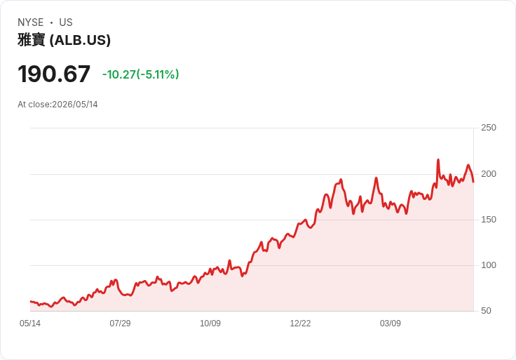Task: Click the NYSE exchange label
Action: [31, 22]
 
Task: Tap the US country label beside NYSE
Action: [66, 22]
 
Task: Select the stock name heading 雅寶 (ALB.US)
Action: [64, 40]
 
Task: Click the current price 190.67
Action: [54, 74]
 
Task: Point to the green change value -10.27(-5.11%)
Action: [140, 74]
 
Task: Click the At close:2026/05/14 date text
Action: [57, 105]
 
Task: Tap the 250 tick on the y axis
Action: [489, 128]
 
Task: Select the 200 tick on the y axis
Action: [489, 174]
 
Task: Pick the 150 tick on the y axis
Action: [489, 220]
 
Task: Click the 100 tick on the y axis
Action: [489, 265]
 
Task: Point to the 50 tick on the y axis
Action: [486, 311]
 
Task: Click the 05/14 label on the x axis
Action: [30, 323]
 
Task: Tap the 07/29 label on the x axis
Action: [120, 323]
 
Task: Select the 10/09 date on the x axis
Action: [210, 323]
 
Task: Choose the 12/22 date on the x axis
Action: [300, 323]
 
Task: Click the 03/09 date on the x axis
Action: [391, 323]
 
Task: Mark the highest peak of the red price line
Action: [438, 160]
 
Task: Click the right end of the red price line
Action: [473, 182]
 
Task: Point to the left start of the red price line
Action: [31, 301]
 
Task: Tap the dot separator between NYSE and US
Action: [51, 22]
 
